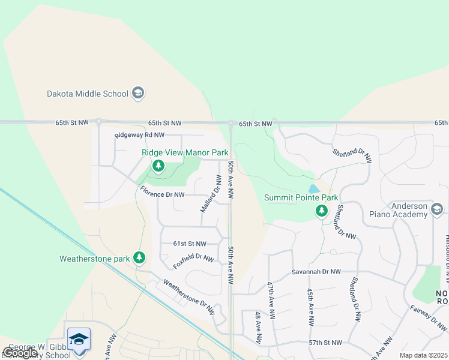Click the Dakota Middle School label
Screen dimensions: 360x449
click(88, 94)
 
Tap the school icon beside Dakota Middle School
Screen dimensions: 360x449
click(139, 93)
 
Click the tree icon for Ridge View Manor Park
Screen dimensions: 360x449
click(158, 166)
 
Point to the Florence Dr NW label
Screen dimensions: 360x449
click(162, 194)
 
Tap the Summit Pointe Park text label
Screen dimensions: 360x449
click(301, 198)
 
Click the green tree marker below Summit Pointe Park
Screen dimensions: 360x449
click(322, 211)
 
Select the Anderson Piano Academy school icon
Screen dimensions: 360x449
click(437, 209)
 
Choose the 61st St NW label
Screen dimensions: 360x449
click(189, 244)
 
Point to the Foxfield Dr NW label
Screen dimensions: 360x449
click(193, 262)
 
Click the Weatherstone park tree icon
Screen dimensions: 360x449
click(139, 258)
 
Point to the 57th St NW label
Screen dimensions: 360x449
click(325, 343)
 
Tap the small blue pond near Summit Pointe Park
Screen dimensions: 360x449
click(314, 188)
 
